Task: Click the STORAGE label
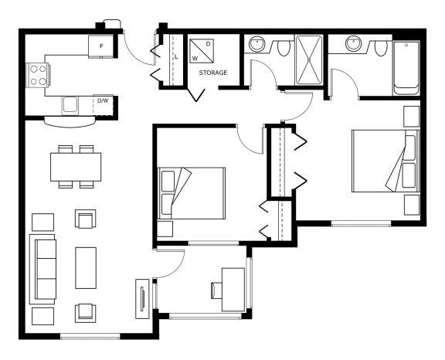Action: point(213,73)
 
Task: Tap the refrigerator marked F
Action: point(101,46)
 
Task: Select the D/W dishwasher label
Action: point(103,100)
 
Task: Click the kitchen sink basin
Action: point(70,105)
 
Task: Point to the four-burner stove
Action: point(38,75)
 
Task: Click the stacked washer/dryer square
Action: point(202,51)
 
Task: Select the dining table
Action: point(76,167)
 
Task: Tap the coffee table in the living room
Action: point(86,268)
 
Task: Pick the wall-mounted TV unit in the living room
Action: point(142,299)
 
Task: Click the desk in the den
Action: point(233,290)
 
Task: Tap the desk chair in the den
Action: point(216,290)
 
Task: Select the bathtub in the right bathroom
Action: point(406,68)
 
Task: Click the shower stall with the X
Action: point(309,59)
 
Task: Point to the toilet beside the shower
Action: point(283,48)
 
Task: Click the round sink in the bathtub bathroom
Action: point(354,44)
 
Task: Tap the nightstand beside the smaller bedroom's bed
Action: point(165,229)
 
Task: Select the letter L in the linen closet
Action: point(176,56)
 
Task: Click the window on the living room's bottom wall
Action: point(90,337)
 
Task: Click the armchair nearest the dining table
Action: point(86,219)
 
